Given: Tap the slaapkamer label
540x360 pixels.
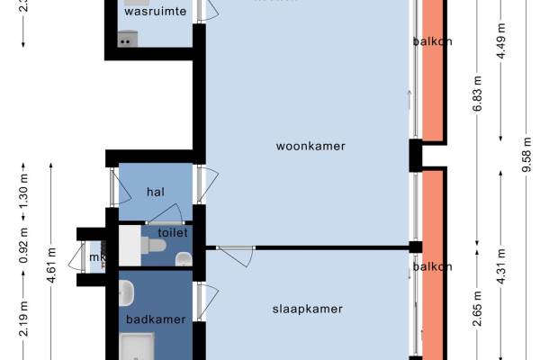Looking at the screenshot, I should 309,308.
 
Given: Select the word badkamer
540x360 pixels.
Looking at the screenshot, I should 156,319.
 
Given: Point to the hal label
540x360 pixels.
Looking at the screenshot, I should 155,191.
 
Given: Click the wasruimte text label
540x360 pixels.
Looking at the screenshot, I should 156,12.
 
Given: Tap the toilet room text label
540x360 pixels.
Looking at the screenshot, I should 172,232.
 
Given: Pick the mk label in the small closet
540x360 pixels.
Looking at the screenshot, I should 95,258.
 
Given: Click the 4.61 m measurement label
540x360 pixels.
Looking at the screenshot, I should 52,265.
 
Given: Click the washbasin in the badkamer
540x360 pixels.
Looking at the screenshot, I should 128,292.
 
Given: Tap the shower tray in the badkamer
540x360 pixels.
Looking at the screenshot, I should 138,346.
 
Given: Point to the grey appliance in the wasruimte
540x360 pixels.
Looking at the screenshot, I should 127,39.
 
